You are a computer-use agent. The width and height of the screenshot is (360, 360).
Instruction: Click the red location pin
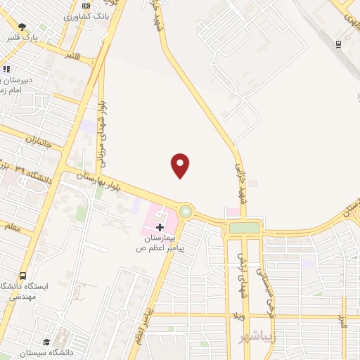[181, 165]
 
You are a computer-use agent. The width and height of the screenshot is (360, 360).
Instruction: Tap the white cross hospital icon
[160, 226]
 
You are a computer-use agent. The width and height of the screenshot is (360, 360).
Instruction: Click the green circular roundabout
[186, 210]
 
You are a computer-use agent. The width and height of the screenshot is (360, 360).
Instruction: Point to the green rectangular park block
[244, 227]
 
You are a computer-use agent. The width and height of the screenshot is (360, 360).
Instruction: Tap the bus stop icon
[23, 275]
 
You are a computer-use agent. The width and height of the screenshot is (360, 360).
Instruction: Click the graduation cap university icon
[47, 341]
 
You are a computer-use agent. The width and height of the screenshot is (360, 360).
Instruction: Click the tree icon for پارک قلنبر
[23, 27]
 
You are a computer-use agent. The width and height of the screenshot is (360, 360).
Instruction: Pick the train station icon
[339, 44]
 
